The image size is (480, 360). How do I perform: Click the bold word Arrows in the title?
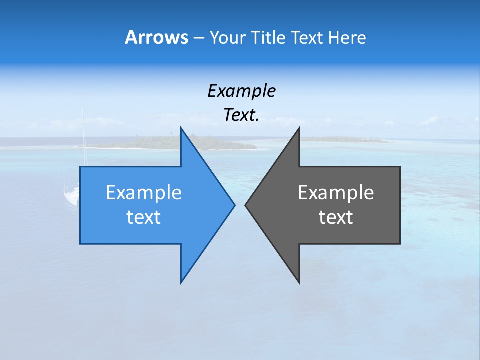pyautogui.click(x=156, y=37)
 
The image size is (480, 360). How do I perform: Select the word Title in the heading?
pyautogui.click(x=268, y=37)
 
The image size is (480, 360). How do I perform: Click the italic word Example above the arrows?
pyautogui.click(x=241, y=91)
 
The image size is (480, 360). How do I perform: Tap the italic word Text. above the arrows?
pyautogui.click(x=241, y=115)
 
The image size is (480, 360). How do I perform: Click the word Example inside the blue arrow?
pyautogui.click(x=144, y=192)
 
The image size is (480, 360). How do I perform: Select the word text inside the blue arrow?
pyautogui.click(x=144, y=217)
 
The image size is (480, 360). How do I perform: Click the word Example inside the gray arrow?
pyautogui.click(x=336, y=192)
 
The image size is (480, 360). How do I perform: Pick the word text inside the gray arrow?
pyautogui.click(x=336, y=217)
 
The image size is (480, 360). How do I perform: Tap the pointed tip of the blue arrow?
pyautogui.click(x=234, y=205)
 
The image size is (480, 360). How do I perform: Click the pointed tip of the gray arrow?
pyautogui.click(x=245, y=205)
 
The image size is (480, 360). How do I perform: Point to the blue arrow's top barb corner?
pyautogui.click(x=181, y=128)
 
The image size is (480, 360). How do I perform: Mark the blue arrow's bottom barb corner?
pyautogui.click(x=181, y=283)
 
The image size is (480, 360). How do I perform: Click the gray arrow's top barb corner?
pyautogui.click(x=299, y=128)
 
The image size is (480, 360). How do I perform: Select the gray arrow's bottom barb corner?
pyautogui.click(x=299, y=283)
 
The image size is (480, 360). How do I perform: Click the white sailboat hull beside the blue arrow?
pyautogui.click(x=71, y=196)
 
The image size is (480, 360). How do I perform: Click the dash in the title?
pyautogui.click(x=198, y=38)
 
